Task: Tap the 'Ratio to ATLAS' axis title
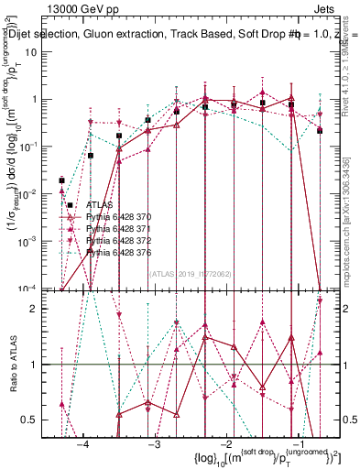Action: click(15, 365)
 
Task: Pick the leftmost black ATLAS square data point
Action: click(62, 180)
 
